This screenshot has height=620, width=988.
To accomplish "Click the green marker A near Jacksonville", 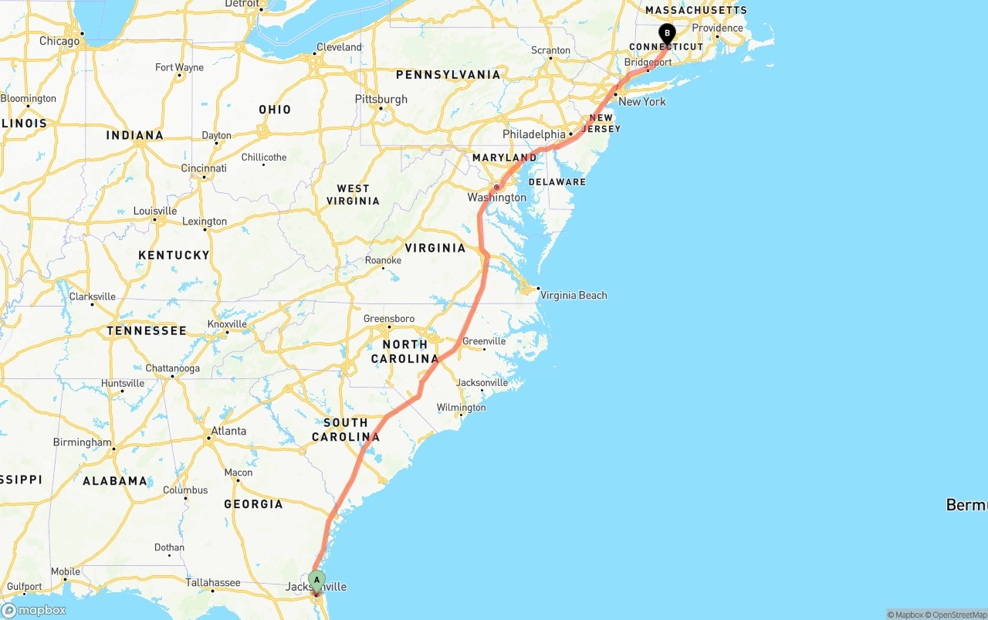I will (x=316, y=580).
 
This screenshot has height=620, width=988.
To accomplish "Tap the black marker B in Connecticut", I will (x=667, y=34).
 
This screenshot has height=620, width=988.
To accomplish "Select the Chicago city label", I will (x=59, y=41).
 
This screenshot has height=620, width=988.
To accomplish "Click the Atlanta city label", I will (x=228, y=431).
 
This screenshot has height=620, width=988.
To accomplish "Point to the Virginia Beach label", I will (x=574, y=295).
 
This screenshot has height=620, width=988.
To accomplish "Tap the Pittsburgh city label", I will (x=381, y=99).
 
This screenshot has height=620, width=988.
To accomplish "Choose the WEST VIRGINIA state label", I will (x=353, y=195).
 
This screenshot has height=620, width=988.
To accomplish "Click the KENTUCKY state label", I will (x=174, y=255).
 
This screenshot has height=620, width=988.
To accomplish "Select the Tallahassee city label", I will (x=213, y=583).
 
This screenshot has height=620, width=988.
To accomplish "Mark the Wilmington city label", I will (x=461, y=407).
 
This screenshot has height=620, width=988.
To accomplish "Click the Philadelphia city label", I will (x=534, y=134).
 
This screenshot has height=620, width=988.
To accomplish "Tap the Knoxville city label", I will (x=227, y=324).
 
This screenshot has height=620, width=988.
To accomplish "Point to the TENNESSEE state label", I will (x=147, y=330).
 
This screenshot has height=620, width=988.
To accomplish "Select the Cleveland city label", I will (x=339, y=47).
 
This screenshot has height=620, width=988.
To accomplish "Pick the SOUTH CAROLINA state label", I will (x=346, y=430).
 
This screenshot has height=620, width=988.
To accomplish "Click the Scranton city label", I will (x=551, y=50).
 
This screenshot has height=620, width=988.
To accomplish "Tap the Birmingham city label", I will (x=82, y=442).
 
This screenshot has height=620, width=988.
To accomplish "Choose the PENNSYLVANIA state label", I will (x=448, y=75).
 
